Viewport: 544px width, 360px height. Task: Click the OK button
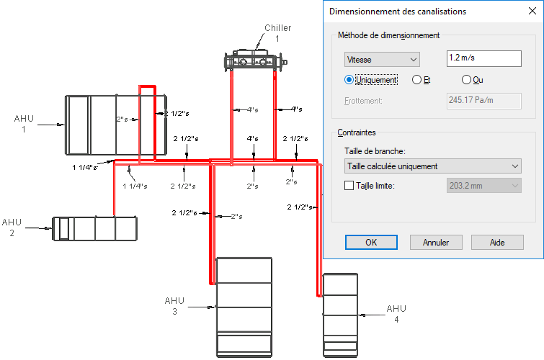(x=371, y=242)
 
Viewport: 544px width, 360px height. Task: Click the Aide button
(x=497, y=242)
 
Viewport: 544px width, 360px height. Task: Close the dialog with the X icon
(x=532, y=11)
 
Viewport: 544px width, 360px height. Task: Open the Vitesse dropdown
(x=382, y=59)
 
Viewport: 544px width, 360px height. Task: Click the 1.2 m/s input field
(x=483, y=58)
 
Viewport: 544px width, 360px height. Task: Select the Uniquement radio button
(x=349, y=80)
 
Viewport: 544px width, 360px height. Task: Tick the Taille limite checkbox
(x=349, y=186)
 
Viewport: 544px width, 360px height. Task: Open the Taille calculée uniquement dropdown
(x=432, y=166)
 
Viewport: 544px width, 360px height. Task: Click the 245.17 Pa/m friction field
(x=483, y=101)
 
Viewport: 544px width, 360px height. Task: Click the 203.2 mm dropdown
(x=483, y=186)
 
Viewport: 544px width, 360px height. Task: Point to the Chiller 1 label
(x=277, y=33)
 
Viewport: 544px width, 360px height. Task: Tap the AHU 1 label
(x=24, y=124)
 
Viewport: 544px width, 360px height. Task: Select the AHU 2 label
(x=12, y=228)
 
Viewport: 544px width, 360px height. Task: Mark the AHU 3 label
(x=174, y=306)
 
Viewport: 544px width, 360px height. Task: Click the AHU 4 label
(x=396, y=314)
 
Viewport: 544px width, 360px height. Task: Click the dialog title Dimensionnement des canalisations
(x=398, y=12)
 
